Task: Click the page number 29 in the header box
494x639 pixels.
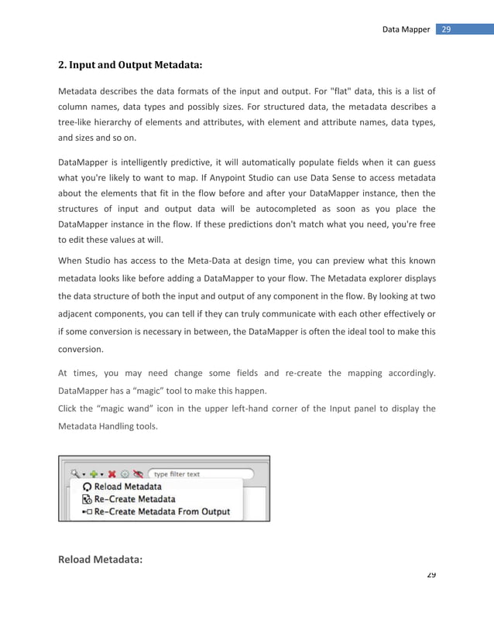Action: tap(446, 29)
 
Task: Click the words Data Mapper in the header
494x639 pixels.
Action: tap(406, 29)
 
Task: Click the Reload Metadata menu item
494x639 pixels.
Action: tap(128, 487)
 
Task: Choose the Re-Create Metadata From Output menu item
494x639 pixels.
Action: tap(167, 512)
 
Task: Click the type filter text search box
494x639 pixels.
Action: tap(201, 473)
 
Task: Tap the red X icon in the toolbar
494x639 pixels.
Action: tap(111, 473)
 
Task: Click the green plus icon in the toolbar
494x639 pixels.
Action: tap(94, 473)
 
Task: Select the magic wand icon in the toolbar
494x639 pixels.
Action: tap(74, 473)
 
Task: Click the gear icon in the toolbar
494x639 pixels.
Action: tap(125, 473)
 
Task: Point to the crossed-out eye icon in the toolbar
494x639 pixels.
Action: tap(138, 473)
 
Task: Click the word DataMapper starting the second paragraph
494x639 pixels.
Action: tap(86, 162)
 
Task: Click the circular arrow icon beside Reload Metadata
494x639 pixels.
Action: tap(87, 487)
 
